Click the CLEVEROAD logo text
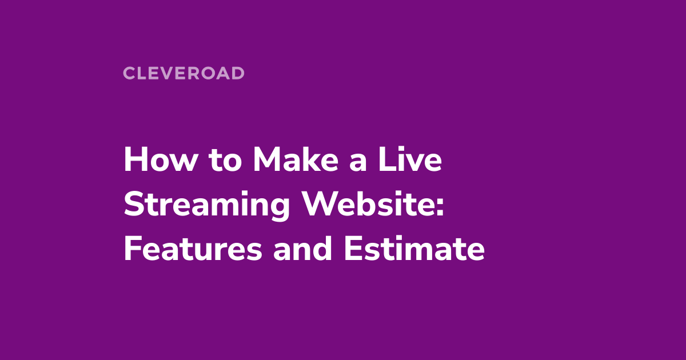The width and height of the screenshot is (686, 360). pyautogui.click(x=184, y=73)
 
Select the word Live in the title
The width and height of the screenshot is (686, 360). pyautogui.click(x=415, y=161)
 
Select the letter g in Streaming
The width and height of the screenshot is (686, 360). pyautogui.click(x=279, y=210)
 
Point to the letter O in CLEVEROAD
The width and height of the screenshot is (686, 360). pyautogui.click(x=209, y=73)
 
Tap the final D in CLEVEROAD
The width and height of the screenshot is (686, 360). pyautogui.click(x=238, y=73)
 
